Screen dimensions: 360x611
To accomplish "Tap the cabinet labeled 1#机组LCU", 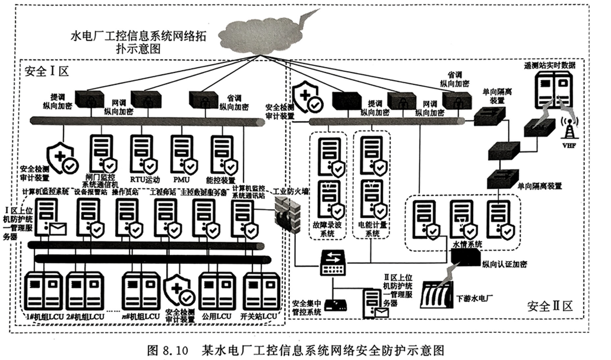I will tap(45, 291).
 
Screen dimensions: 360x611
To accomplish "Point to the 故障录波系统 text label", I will tap(328, 229).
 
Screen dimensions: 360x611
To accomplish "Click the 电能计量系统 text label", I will tap(372, 229).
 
